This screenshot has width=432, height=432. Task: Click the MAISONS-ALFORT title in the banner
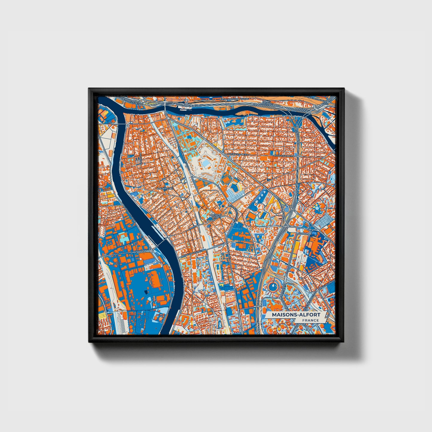click(296, 315)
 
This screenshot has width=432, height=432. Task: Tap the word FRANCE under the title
click(310, 320)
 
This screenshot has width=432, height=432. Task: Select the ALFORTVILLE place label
click(165, 189)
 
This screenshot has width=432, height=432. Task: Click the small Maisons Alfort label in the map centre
click(216, 216)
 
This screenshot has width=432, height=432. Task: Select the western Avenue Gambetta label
click(239, 153)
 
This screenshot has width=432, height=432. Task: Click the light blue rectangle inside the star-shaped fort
click(206, 164)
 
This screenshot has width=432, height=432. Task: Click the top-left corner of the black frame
click(89, 89)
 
